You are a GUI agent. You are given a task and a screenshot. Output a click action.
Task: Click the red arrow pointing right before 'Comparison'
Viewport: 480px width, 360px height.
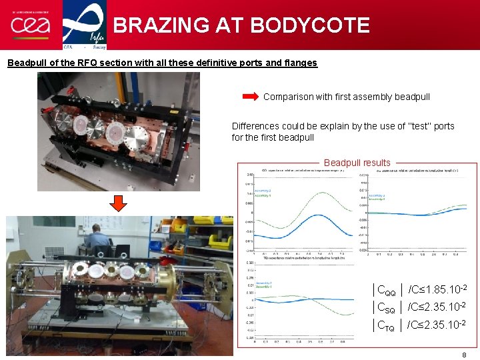(x=250, y=97)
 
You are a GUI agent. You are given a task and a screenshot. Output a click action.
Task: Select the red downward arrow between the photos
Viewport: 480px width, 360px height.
(x=117, y=203)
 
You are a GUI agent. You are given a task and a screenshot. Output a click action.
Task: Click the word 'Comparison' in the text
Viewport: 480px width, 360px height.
(x=289, y=97)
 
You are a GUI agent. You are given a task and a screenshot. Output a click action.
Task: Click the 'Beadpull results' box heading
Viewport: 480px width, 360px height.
(x=357, y=163)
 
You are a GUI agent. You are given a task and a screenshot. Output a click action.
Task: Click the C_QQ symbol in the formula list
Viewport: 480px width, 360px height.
(x=387, y=291)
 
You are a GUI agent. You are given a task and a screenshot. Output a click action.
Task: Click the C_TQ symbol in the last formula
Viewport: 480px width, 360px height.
(x=387, y=326)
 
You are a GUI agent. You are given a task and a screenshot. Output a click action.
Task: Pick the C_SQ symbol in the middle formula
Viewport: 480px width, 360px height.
(x=387, y=308)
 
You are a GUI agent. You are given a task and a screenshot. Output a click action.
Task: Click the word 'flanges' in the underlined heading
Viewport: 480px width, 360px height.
(x=301, y=63)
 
